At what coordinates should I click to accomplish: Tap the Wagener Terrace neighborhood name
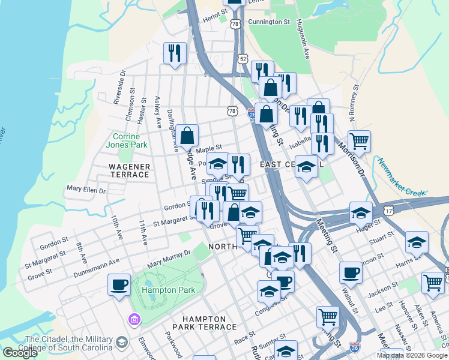pos(128,170)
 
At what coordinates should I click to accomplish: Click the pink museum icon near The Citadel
pos(134,318)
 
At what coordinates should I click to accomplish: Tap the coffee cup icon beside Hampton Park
pos(119,284)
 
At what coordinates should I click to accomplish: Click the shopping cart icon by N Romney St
pos(359,141)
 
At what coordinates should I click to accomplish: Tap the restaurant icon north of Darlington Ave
pos(175,53)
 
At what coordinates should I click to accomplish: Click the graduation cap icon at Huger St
pos(361,212)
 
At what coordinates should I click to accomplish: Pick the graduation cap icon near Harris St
pos(417,242)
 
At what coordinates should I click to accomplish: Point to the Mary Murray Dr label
pos(169,259)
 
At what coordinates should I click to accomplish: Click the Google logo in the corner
pos(20,353)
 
